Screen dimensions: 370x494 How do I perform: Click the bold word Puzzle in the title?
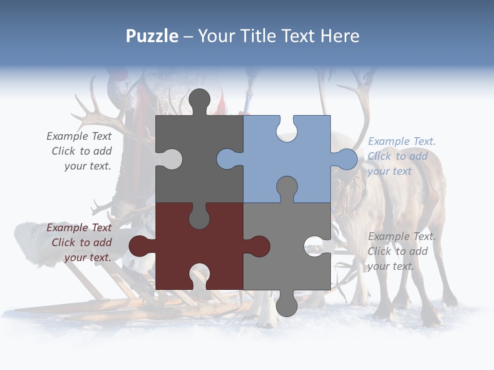tap(152, 36)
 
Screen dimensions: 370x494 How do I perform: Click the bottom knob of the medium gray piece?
tap(287, 306)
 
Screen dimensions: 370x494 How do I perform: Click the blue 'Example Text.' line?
tap(401, 141)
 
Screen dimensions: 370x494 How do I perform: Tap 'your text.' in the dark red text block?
tap(87, 257)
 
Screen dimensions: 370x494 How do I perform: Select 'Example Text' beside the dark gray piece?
tap(79, 136)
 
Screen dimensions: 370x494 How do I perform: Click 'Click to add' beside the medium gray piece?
tap(397, 251)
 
